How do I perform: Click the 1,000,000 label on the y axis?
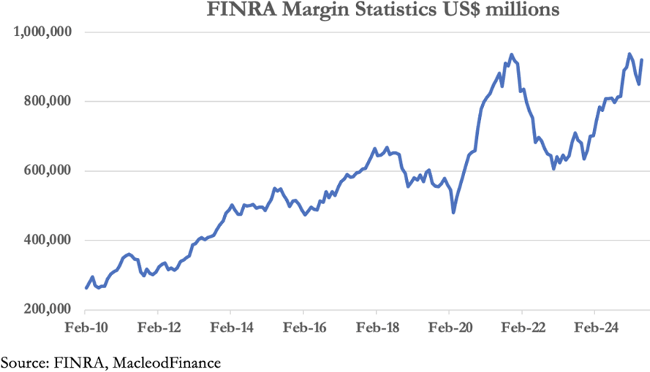point(43,32)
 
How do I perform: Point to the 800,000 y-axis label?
point(48,102)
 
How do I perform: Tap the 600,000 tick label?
point(48,171)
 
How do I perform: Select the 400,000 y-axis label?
point(48,241)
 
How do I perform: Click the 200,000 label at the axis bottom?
point(48,310)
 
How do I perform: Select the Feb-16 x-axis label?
point(303,328)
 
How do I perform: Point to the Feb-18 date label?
point(376,328)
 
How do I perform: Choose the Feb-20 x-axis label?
point(449,328)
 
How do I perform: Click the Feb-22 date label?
point(521,328)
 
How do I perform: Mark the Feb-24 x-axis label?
point(594,328)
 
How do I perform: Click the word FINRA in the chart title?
point(233,10)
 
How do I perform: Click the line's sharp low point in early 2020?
point(454,212)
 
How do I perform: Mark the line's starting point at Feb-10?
point(86,288)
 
